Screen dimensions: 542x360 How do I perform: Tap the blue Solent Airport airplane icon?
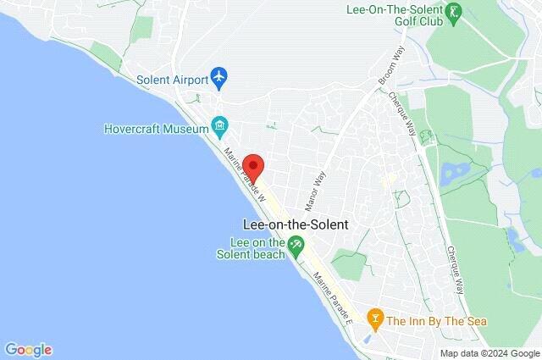(x=220, y=78)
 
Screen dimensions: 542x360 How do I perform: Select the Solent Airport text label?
(x=172, y=79)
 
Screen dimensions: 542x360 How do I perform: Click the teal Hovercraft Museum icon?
(x=220, y=128)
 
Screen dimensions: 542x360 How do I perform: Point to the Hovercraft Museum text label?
(x=156, y=129)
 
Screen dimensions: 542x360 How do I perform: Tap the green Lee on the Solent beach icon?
(x=296, y=247)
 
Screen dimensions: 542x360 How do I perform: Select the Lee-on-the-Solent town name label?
(x=296, y=225)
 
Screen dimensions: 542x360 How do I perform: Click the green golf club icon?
(x=456, y=11)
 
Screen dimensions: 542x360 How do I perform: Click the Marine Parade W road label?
(x=246, y=174)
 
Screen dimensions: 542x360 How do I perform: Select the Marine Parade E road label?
(x=333, y=297)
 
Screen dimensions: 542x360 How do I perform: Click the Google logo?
(x=28, y=349)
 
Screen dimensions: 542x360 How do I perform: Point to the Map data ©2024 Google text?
(x=489, y=352)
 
